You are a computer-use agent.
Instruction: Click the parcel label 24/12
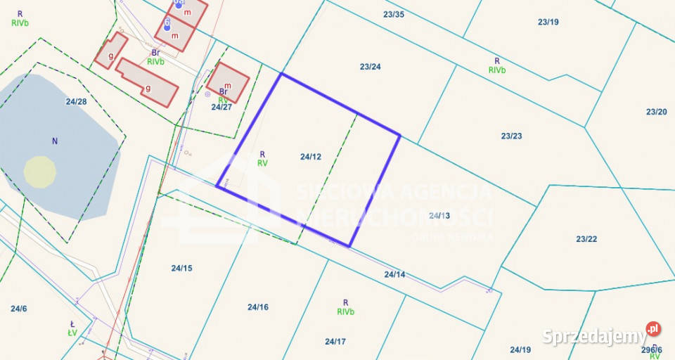pyautogui.click(x=310, y=157)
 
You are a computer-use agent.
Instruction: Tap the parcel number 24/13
pyautogui.click(x=439, y=215)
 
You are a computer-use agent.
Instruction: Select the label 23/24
pyautogui.click(x=370, y=67)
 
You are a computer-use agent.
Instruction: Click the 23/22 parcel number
pyautogui.click(x=586, y=239)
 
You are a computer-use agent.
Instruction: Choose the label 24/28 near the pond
pyautogui.click(x=76, y=101)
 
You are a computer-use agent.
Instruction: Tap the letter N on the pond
pyautogui.click(x=55, y=141)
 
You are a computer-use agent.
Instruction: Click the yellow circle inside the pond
pyautogui.click(x=40, y=172)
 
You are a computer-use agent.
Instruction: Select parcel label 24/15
pyautogui.click(x=181, y=268)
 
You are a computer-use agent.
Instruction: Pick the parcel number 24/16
pyautogui.click(x=258, y=307)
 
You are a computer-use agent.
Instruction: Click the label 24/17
pyautogui.click(x=335, y=342)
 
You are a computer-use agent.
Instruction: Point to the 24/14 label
pyautogui.click(x=394, y=274)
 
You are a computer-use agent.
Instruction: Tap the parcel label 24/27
pyautogui.click(x=221, y=107)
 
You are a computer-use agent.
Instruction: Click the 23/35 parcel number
pyautogui.click(x=394, y=14)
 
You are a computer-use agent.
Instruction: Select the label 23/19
pyautogui.click(x=548, y=22)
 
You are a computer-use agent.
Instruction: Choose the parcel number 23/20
pyautogui.click(x=656, y=112)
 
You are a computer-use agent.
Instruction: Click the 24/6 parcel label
pyautogui.click(x=18, y=309)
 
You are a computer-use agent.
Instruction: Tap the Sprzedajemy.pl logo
pyautogui.click(x=602, y=335)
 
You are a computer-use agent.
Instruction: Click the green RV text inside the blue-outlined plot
pyautogui.click(x=262, y=162)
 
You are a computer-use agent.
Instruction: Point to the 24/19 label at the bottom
pyautogui.click(x=520, y=349)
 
